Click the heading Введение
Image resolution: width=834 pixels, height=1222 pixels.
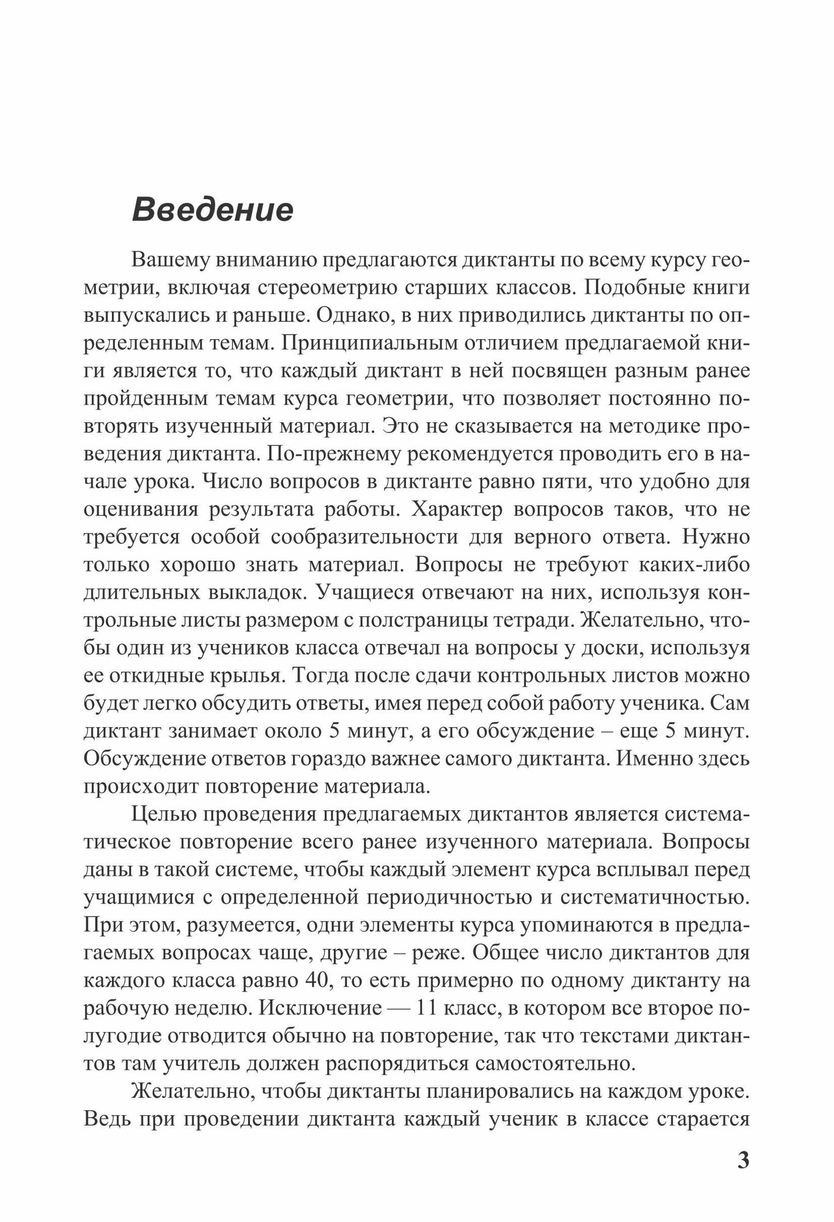pos(213,210)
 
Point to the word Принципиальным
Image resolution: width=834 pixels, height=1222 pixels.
pos(364,343)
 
